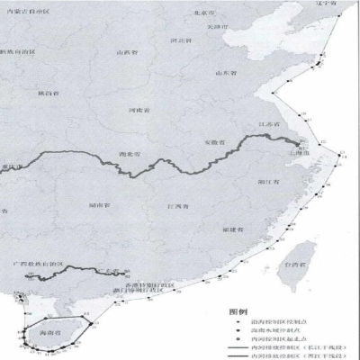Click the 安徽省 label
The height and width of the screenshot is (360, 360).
(x=214, y=141)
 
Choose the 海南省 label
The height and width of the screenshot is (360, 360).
(x=55, y=332)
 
